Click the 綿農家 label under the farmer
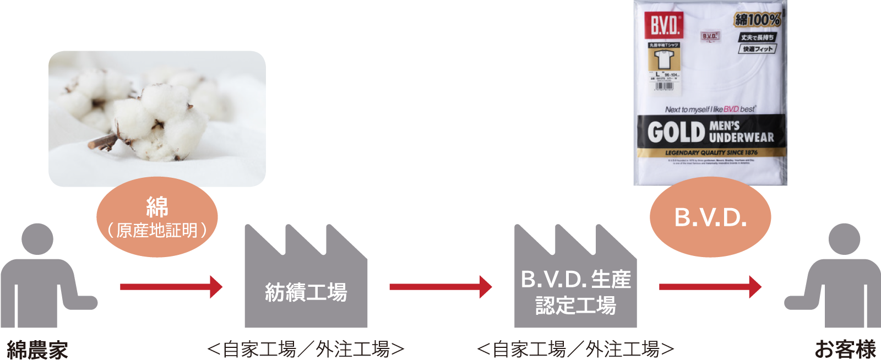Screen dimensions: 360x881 [x=37, y=350]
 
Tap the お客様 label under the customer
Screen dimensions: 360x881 [x=845, y=350]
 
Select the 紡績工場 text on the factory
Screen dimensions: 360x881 [x=306, y=292]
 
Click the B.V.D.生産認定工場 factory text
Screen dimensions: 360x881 [x=576, y=292]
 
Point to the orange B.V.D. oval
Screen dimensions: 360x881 [x=710, y=217]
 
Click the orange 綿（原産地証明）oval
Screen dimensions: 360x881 [x=157, y=217]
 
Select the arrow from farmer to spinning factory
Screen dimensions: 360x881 [x=171, y=287]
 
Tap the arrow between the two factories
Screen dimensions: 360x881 [x=440, y=287]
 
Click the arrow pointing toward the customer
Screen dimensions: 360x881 [x=710, y=287]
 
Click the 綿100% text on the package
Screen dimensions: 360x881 [x=757, y=20]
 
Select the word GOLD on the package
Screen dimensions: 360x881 [x=676, y=132]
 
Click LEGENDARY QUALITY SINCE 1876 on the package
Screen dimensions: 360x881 [x=711, y=152]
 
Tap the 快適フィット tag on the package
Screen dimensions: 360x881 [x=757, y=49]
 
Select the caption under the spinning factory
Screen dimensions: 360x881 [x=306, y=350]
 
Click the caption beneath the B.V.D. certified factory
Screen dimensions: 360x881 [x=576, y=350]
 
